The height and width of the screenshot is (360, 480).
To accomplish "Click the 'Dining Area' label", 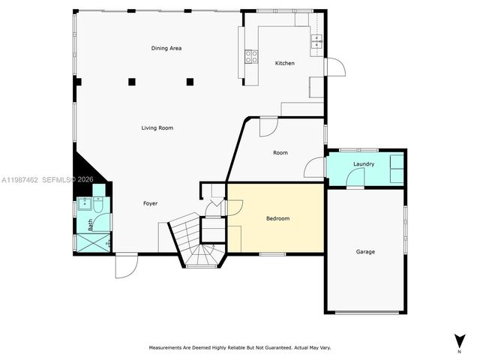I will point(166,49).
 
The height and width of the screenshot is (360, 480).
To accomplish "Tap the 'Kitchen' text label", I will point(285,63).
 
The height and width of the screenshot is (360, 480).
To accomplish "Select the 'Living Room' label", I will point(157,128).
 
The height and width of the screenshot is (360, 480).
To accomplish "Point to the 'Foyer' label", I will point(151,203).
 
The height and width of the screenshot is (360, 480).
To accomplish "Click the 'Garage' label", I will point(365,251).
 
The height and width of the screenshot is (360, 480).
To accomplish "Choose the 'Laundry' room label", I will point(364,163).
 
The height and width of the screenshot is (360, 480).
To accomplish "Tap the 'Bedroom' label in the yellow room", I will point(277,219).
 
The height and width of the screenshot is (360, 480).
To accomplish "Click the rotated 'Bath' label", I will point(91,224).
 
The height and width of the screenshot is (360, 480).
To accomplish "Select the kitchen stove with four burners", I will point(250,55).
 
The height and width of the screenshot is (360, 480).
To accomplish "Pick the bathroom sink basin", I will point(83,205).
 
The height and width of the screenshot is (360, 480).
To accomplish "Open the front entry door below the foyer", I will point(126,266).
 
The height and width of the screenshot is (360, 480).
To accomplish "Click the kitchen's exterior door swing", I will point(336,67).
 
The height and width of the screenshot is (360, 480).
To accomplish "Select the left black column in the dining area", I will point(131,81).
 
